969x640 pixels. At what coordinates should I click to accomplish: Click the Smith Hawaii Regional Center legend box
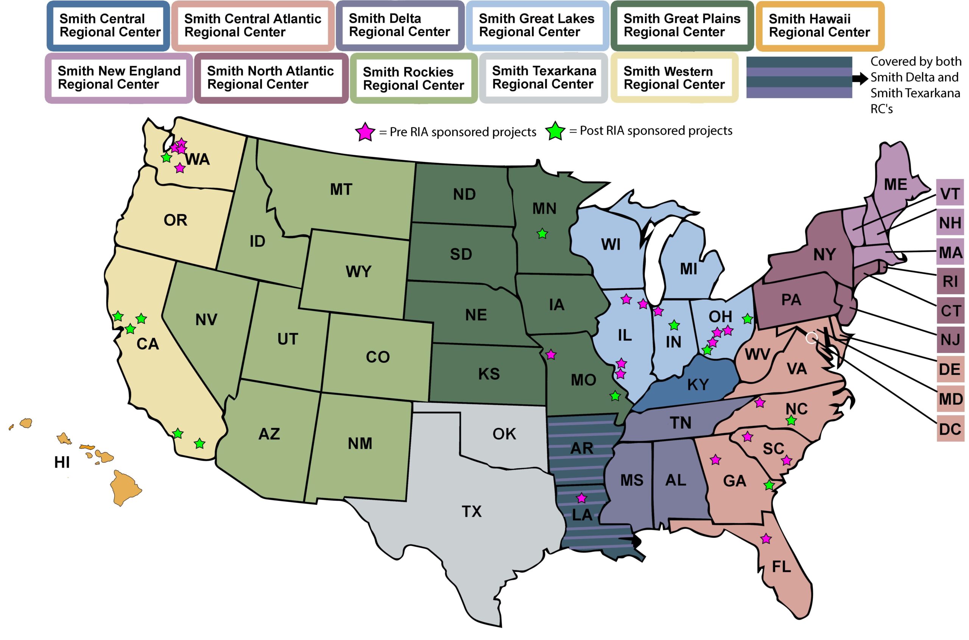[x=819, y=25]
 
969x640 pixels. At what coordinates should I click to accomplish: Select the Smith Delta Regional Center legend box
[x=399, y=25]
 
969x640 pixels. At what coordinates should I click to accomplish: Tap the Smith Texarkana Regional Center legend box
[x=544, y=78]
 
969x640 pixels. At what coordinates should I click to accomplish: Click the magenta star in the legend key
[x=365, y=132]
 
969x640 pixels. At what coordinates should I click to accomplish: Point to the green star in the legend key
[x=555, y=131]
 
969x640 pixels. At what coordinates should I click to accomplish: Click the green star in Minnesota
[x=542, y=234]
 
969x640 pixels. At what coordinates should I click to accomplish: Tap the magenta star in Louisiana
[x=581, y=497]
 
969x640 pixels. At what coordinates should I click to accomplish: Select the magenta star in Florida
[x=766, y=539]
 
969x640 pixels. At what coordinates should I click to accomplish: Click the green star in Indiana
[x=674, y=325]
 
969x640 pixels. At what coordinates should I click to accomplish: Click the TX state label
[x=472, y=511]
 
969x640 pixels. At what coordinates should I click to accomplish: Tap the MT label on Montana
[x=341, y=190]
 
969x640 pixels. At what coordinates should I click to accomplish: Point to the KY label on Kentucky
[x=698, y=384]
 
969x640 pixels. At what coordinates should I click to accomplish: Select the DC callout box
[x=950, y=429]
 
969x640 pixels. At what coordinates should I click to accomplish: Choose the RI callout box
[x=950, y=281]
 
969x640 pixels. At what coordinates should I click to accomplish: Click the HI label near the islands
[x=62, y=463]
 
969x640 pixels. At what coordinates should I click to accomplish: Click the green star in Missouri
[x=615, y=396]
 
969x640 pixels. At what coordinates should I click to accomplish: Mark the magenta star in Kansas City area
[x=551, y=354]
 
